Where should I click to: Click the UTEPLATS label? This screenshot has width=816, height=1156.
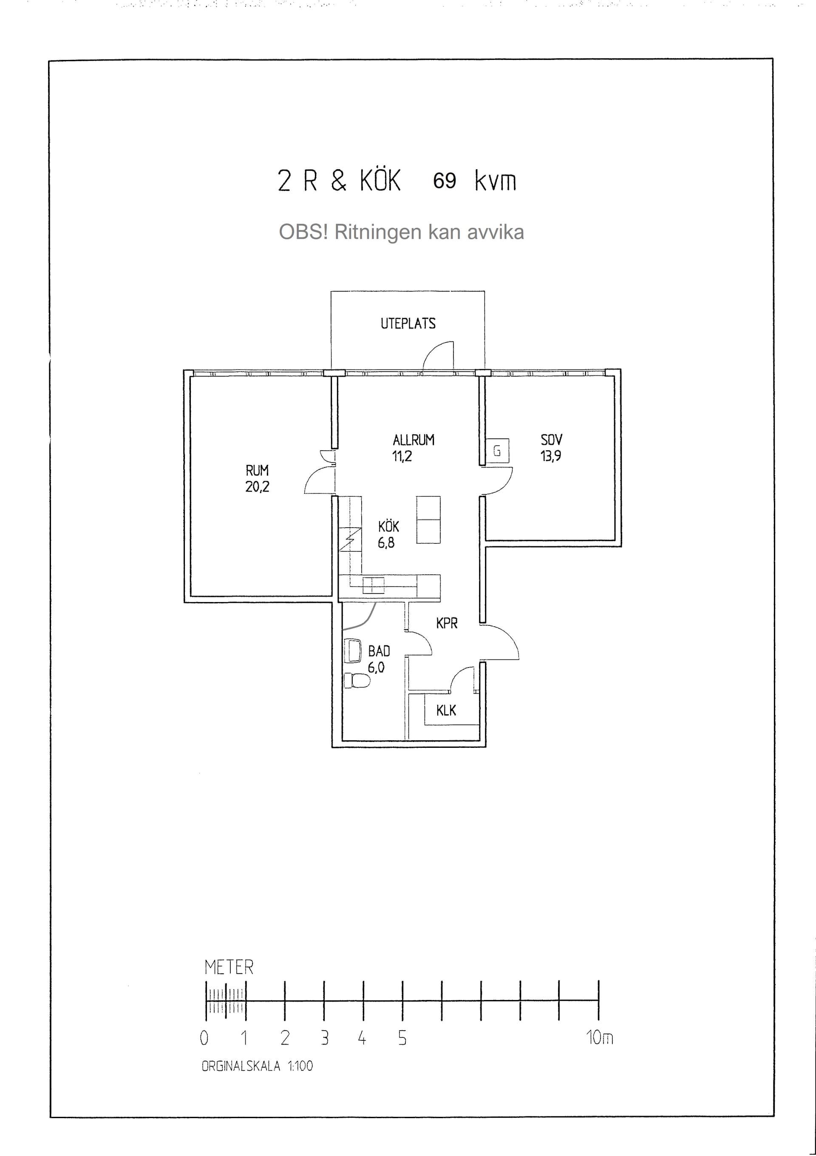coord(408,323)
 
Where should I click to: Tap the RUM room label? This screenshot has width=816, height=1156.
coord(257,470)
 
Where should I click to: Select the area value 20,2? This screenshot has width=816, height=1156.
coord(257,486)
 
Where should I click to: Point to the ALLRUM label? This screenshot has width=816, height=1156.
coord(413,440)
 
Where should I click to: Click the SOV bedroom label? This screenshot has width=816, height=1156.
coord(551,440)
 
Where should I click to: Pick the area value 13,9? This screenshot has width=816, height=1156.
coord(551,456)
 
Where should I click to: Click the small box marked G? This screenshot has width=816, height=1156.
coord(497,451)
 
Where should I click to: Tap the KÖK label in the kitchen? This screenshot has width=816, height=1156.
coord(388,526)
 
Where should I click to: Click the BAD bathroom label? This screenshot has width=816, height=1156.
coord(379,651)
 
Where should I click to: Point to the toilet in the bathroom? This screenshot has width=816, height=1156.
coord(357,681)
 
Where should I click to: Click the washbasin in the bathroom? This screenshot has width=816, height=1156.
coord(353,650)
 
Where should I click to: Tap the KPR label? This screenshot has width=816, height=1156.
coord(447,623)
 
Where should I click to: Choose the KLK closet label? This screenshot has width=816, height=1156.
coord(446,710)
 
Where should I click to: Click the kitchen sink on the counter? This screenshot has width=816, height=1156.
coord(374,585)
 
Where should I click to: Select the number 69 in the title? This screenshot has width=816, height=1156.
coord(445,181)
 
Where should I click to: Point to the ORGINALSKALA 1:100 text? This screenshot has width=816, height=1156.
coord(257,1066)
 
